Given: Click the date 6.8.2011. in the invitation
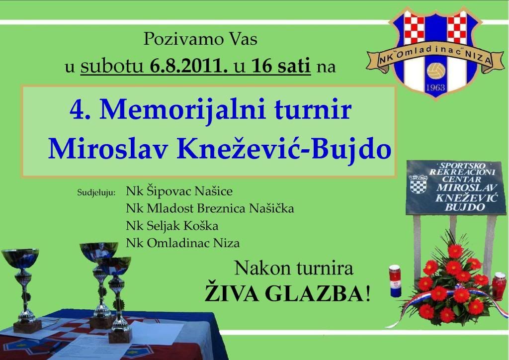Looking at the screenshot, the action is [188, 66].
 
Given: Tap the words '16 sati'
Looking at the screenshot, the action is [281, 66].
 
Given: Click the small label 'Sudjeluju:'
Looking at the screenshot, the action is [96, 192].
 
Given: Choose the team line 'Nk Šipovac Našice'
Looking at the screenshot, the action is [179, 191].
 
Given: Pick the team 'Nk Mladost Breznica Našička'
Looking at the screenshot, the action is [210, 208].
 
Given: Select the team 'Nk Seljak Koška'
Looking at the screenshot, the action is [172, 226].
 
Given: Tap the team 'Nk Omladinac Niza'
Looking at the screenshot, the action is [183, 243].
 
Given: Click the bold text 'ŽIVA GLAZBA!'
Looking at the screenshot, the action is [288, 293].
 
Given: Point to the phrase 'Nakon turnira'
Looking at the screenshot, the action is [294, 269].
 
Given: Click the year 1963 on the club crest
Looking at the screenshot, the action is [435, 88].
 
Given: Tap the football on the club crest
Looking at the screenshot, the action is [436, 71].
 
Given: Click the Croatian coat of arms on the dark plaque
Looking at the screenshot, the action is [418, 184].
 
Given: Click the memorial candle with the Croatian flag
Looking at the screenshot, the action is [395, 281].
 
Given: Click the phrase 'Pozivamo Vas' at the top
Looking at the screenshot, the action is [200, 39].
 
